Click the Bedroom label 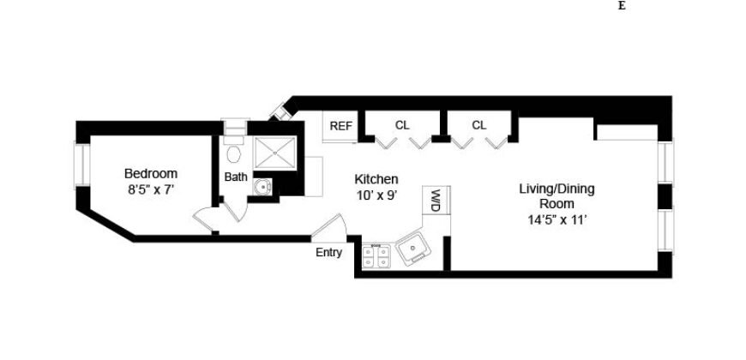(150, 172)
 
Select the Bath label (235, 177)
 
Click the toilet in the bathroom (233, 154)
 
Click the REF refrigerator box (340, 127)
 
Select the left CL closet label (402, 125)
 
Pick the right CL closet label (478, 125)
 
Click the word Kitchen (376, 179)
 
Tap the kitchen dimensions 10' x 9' (376, 195)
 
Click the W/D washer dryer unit (436, 201)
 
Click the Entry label (328, 252)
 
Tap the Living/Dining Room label (556, 195)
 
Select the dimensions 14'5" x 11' (556, 219)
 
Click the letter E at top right (621, 6)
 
